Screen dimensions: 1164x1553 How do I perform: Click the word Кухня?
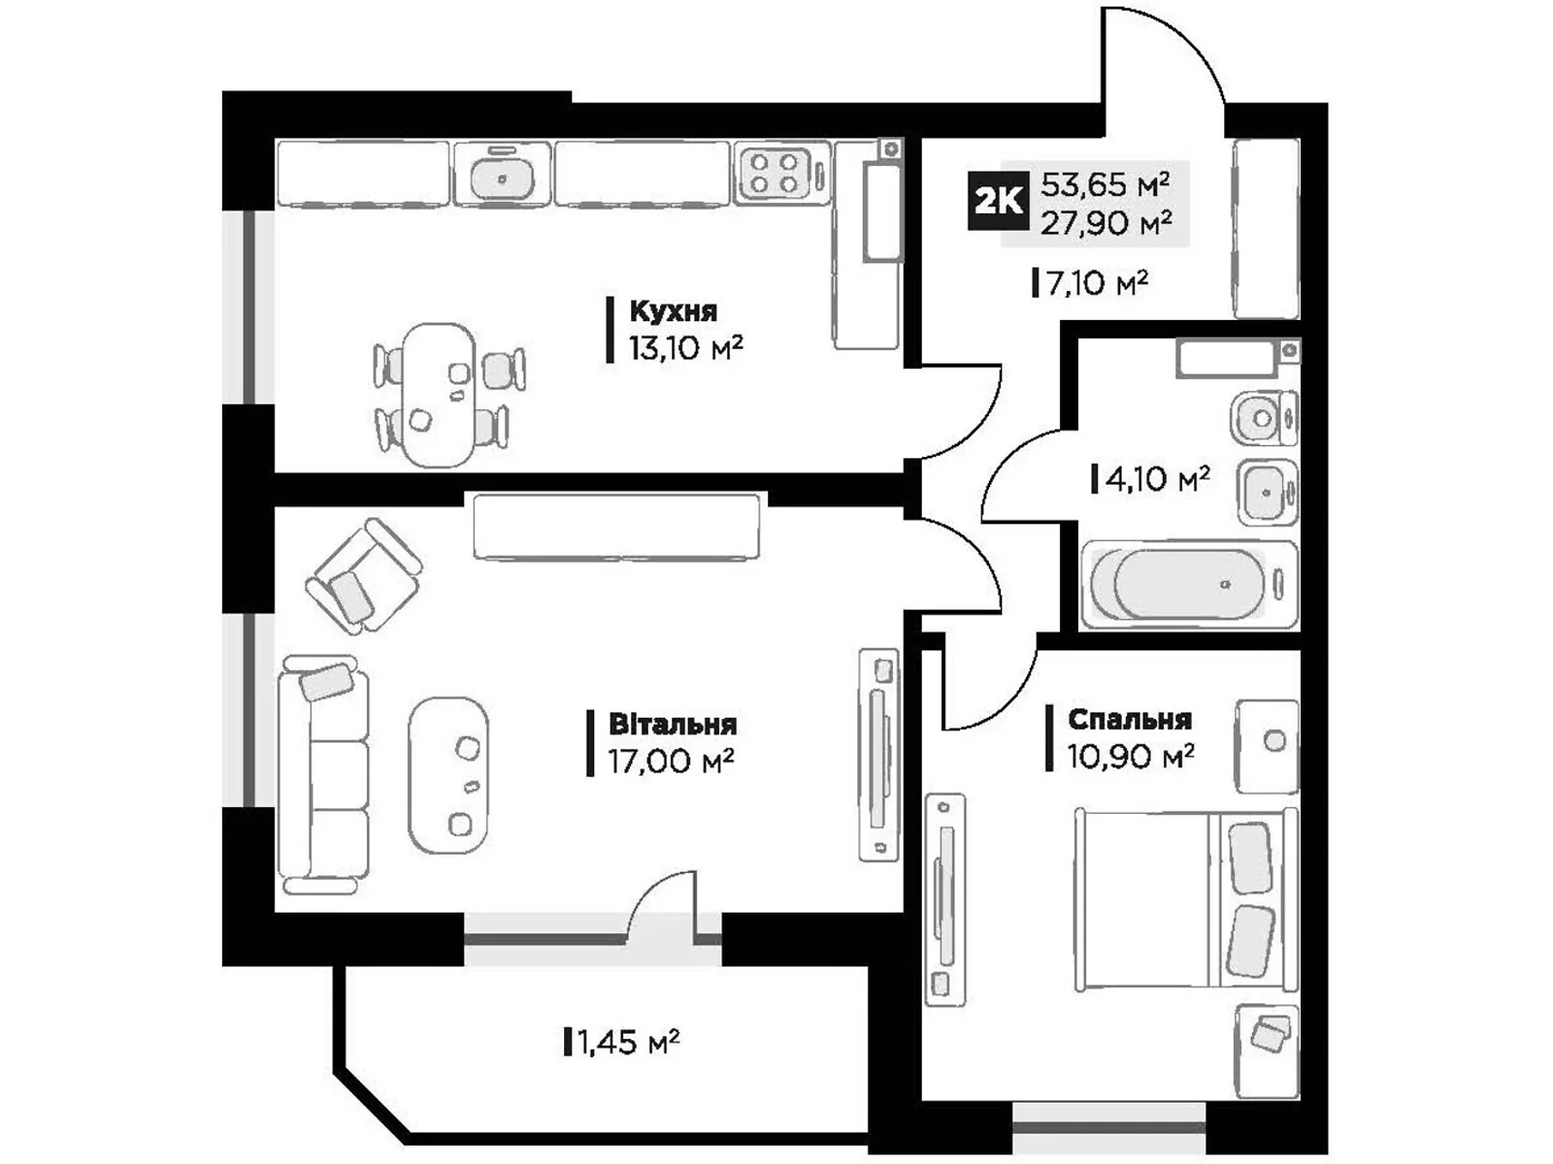(673, 311)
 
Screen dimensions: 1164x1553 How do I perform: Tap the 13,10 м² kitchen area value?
(685, 346)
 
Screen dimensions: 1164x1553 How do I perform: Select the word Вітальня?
(672, 725)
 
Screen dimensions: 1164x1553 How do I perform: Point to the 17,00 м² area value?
(670, 760)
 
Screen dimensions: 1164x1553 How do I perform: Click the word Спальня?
(1129, 719)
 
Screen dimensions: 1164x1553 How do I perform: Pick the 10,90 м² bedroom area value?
(1130, 755)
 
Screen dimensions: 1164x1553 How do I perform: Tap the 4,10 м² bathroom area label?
(1156, 478)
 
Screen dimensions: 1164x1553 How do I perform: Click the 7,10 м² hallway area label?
(1096, 283)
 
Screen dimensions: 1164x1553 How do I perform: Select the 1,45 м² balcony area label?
(627, 1043)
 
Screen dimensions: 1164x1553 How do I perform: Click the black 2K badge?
(998, 201)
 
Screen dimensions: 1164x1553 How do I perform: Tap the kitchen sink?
(502, 176)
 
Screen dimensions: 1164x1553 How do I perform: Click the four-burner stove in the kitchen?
(774, 173)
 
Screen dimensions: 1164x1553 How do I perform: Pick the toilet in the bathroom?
(1263, 418)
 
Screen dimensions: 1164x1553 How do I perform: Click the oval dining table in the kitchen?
(440, 394)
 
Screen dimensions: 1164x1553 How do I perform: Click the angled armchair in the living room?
(362, 576)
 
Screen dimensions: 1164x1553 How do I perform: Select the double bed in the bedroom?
(1186, 901)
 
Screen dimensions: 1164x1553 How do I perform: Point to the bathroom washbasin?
(1266, 493)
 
